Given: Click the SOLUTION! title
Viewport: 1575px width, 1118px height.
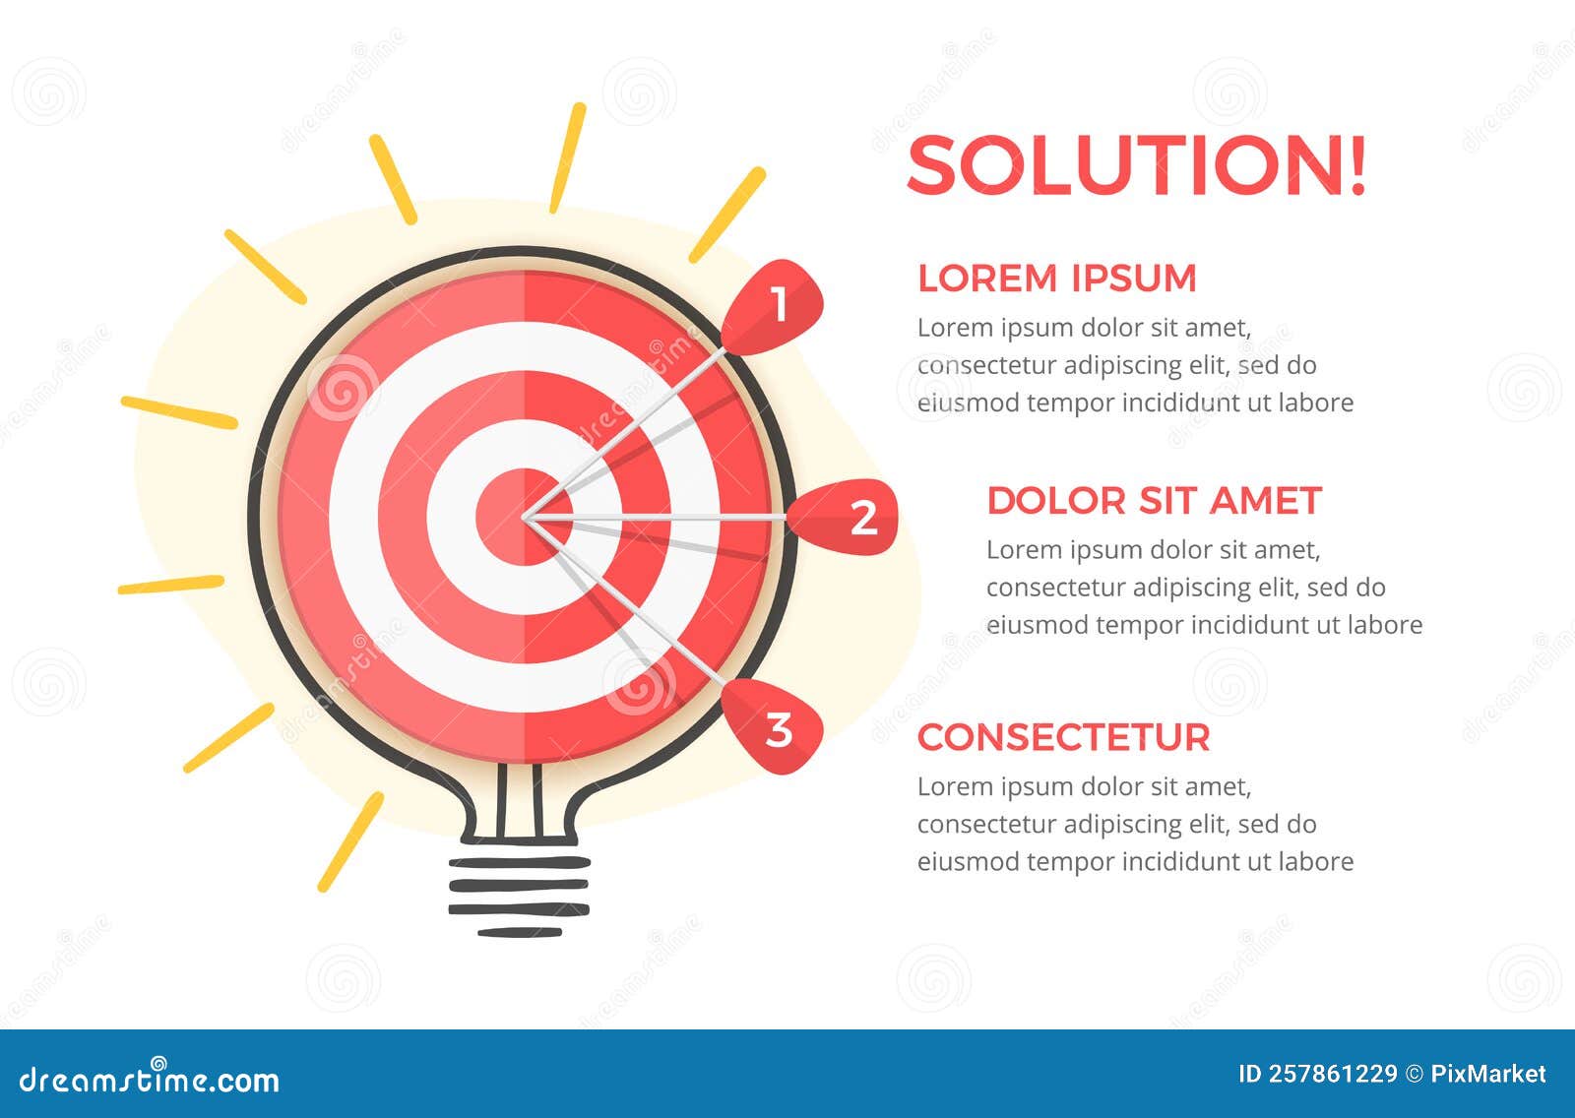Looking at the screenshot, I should tap(1136, 164).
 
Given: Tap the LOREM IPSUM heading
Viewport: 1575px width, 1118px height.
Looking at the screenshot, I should tap(1056, 279).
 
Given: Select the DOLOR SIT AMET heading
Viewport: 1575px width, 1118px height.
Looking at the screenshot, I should tap(1153, 501).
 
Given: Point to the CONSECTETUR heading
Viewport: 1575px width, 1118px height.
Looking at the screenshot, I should tap(1063, 738).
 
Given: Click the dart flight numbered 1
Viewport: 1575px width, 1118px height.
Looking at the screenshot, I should tap(776, 306).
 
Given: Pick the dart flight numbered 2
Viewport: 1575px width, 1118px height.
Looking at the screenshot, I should tap(849, 517).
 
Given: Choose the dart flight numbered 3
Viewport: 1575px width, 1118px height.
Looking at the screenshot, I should tap(776, 728).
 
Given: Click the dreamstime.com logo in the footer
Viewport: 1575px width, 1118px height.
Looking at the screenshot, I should tap(150, 1080).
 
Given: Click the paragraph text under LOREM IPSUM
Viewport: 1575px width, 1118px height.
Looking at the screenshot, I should tap(1134, 365).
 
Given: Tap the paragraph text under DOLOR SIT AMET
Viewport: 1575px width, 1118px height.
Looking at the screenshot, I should tap(1203, 588).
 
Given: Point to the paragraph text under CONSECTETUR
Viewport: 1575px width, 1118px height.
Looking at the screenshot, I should tap(1134, 825).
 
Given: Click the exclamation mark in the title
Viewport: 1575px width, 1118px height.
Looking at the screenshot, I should tap(1357, 164).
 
